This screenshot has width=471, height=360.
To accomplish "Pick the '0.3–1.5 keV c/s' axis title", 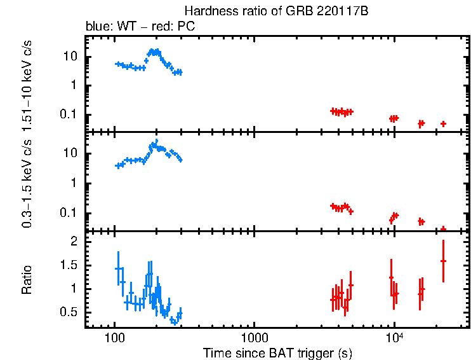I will pyautogui.click(x=27, y=181).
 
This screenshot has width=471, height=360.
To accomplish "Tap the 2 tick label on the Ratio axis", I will pyautogui.click(x=74, y=242).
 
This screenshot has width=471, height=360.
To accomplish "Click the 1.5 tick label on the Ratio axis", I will pyautogui.click(x=69, y=265).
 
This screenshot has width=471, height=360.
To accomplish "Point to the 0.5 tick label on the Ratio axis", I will pyautogui.click(x=69, y=312).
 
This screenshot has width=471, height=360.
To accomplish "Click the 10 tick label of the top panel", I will pyautogui.click(x=71, y=57).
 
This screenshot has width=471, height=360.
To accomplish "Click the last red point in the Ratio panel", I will pyautogui.click(x=443, y=261).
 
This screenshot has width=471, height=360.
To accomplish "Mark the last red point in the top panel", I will pyautogui.click(x=443, y=123).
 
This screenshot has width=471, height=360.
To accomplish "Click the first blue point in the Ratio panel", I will pyautogui.click(x=117, y=268).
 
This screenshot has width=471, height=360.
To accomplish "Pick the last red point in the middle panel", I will pyautogui.click(x=443, y=229).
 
